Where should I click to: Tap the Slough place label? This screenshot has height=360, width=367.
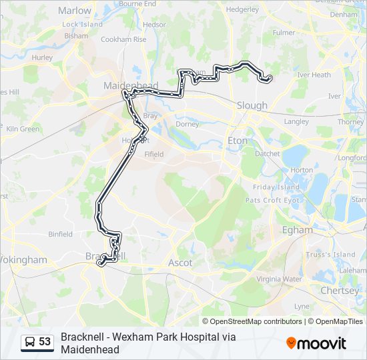coord(252,105)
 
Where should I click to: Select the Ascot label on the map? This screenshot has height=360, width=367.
coord(180,263)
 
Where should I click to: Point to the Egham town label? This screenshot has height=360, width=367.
coord(297,229)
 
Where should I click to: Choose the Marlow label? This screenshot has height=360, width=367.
coord(75,11)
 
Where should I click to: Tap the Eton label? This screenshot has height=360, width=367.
coord(238,141)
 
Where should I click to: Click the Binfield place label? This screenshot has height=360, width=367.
coord(61,234)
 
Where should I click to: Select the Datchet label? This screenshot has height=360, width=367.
coord(268,153)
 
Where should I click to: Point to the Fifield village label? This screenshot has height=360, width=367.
coord(154,154)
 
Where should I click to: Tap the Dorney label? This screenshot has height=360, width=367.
coord(188,124)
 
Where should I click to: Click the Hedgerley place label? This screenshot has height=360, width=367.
coord(242,10)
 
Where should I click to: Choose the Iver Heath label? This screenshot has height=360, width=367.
coord(314,75)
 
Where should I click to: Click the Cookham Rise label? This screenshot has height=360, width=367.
coord(123,39)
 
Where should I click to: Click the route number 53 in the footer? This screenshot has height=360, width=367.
coord(45,342)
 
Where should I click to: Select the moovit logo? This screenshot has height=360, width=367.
coord(316,343)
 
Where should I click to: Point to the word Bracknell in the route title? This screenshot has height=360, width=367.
coord(81,337)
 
